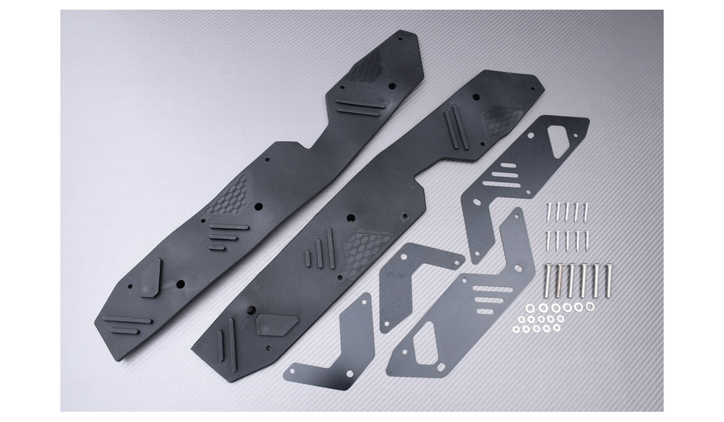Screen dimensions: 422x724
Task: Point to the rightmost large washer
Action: (x=589, y=307)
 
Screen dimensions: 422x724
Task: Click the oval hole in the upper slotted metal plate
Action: (x=510, y=167)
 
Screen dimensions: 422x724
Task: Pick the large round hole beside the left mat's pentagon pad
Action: (x=179, y=283)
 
